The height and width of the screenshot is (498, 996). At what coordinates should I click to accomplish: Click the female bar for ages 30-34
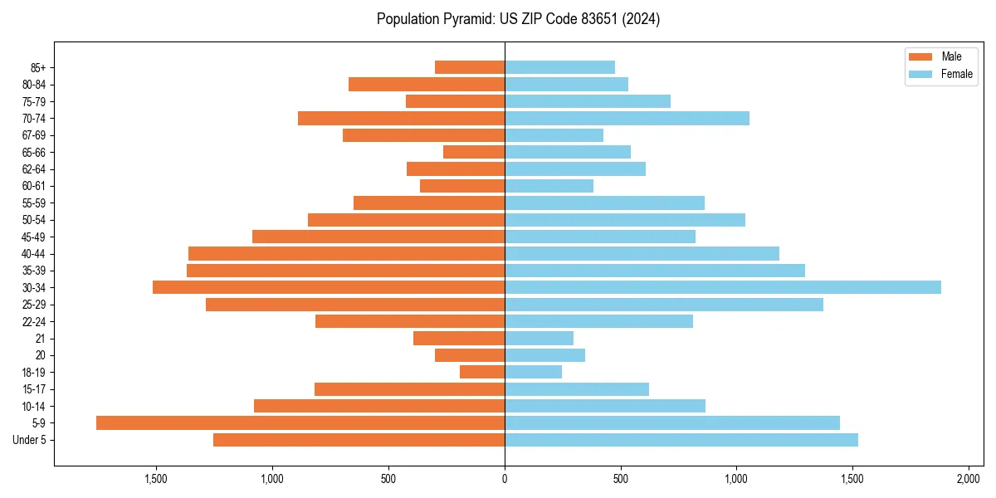pyautogui.click(x=722, y=287)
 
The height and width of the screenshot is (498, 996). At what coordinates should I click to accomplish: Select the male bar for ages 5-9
pyautogui.click(x=300, y=422)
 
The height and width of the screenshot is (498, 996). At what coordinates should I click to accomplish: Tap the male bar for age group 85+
pyautogui.click(x=470, y=67)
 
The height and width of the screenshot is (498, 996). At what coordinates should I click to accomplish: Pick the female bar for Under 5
pyautogui.click(x=681, y=440)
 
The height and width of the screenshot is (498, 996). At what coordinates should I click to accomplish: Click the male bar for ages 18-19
pyautogui.click(x=482, y=372)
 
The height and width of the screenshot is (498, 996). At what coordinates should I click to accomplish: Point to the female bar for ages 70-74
pyautogui.click(x=627, y=118)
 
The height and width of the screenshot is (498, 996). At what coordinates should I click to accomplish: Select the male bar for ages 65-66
pyautogui.click(x=474, y=152)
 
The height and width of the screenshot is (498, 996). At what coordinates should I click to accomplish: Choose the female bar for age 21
pyautogui.click(x=539, y=338)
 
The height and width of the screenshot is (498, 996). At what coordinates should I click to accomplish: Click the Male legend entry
pyautogui.click(x=951, y=56)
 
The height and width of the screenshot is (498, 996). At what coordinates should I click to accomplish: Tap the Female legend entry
pyautogui.click(x=957, y=74)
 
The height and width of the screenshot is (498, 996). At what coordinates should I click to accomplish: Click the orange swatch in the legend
pyautogui.click(x=920, y=56)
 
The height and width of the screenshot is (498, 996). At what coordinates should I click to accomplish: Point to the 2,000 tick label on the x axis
pyautogui.click(x=969, y=479)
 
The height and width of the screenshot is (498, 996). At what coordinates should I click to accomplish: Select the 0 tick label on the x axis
pyautogui.click(x=505, y=479)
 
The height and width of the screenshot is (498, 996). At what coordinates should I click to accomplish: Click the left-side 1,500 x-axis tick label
pyautogui.click(x=156, y=479)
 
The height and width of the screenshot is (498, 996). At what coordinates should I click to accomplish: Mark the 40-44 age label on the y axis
pyautogui.click(x=34, y=254)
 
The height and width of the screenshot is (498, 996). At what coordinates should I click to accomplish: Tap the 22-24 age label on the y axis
pyautogui.click(x=34, y=321)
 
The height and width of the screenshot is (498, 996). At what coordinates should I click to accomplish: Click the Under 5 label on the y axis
pyautogui.click(x=30, y=440)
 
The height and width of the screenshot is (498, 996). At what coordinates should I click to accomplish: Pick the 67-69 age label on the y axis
pyautogui.click(x=34, y=135)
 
